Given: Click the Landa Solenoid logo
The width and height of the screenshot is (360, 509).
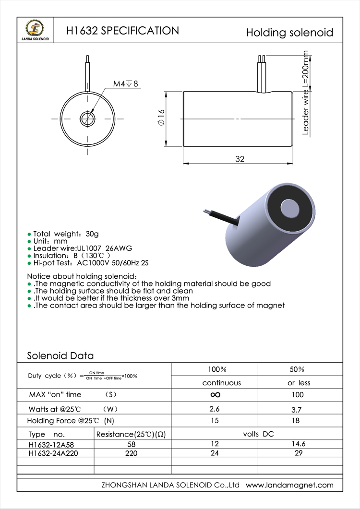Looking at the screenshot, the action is (x=35, y=30).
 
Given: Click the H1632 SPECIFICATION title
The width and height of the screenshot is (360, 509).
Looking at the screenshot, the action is (x=122, y=31).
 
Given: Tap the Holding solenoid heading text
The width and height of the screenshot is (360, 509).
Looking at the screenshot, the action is (x=289, y=33).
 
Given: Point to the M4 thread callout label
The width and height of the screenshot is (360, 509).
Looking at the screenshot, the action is (x=125, y=84).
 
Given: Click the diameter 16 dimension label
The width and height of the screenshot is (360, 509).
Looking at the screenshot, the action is (x=161, y=118).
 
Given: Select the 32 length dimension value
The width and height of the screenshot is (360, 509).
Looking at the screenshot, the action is (x=240, y=159).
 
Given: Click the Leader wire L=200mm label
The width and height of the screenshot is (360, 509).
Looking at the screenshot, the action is (x=305, y=93).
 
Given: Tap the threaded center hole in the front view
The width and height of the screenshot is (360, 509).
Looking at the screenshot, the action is (x=88, y=119).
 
